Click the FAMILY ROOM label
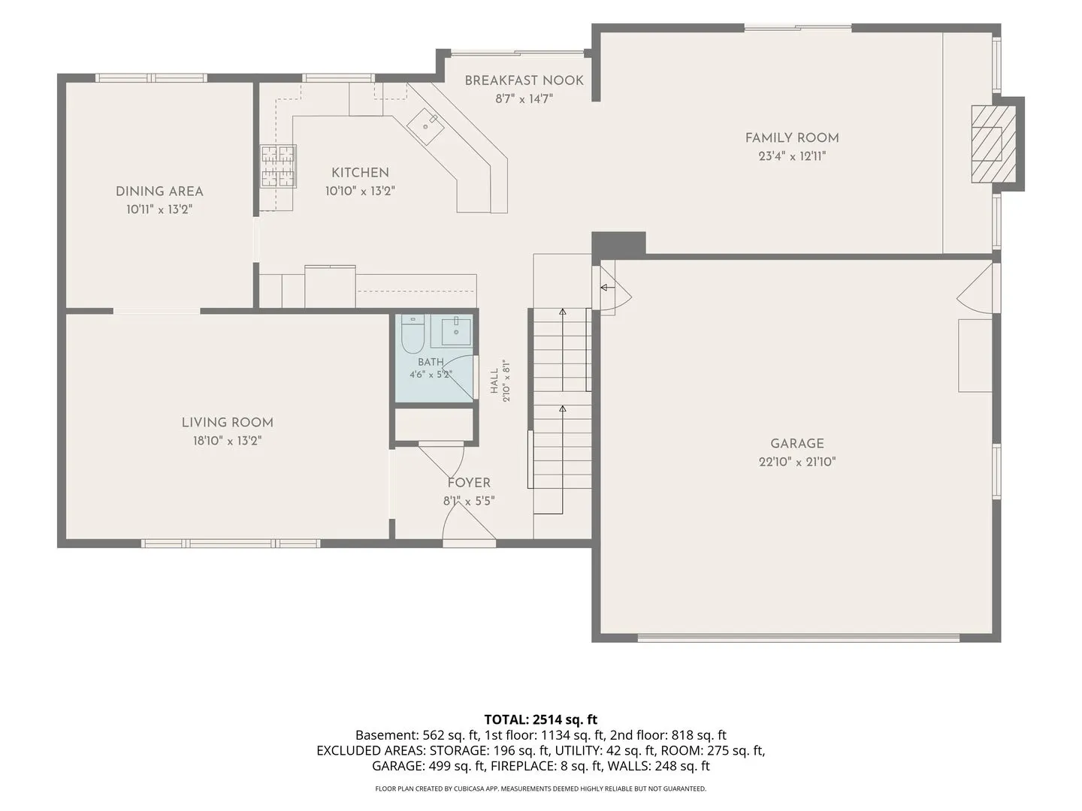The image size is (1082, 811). (x=792, y=138)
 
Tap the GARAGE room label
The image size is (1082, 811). (x=797, y=444)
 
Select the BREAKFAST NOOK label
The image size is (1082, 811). (x=524, y=81)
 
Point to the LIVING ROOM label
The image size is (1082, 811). (x=227, y=423)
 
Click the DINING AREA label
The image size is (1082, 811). (x=159, y=191)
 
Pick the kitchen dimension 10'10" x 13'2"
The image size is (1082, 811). (x=361, y=191)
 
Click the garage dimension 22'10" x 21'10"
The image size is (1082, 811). (x=797, y=462)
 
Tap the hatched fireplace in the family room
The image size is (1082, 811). (x=993, y=143)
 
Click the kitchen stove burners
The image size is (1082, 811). (x=278, y=166)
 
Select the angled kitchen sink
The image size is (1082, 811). (x=425, y=127)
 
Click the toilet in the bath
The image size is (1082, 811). (x=413, y=334)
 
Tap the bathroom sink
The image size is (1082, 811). (x=456, y=331)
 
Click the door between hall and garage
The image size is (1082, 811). (x=611, y=288)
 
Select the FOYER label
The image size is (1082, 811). (x=469, y=483)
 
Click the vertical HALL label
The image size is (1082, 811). (x=494, y=381)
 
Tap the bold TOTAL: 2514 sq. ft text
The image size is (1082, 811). (x=541, y=720)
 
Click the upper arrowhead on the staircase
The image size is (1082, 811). (x=563, y=312)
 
